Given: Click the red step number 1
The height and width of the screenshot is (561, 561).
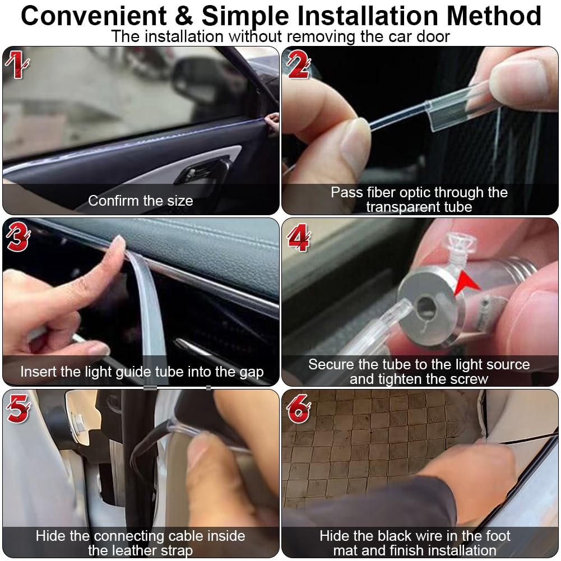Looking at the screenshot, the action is [16, 64].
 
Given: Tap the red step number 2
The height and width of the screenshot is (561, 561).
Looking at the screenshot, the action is [298, 64].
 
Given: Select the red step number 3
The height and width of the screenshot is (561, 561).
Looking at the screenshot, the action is [17, 237].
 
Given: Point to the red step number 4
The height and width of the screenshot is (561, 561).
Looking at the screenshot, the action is [299, 238].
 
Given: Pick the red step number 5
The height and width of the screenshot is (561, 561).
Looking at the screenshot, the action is [18, 408].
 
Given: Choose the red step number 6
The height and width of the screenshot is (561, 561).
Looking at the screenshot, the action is [298, 408].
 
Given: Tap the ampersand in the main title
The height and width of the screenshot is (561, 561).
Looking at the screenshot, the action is [184, 16].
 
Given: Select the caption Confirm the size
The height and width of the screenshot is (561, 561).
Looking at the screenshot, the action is [141, 201].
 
